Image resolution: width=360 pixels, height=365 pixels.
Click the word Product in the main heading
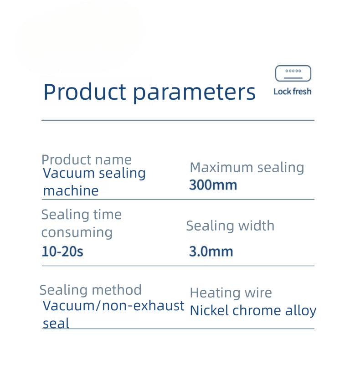[84, 92]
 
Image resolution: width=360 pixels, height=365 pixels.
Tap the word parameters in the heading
[194, 93]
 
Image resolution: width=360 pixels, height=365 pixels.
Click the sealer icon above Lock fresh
[293, 73]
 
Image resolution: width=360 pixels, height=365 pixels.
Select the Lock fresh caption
[293, 92]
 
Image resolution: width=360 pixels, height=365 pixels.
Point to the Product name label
[86, 159]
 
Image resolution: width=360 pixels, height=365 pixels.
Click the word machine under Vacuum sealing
[71, 191]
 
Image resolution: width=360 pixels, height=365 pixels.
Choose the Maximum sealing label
[247, 167]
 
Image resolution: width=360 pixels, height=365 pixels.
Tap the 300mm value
[213, 185]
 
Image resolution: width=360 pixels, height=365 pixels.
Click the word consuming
[77, 232]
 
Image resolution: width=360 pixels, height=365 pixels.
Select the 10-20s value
[62, 251]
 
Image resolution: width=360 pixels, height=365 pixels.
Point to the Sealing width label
[230, 226]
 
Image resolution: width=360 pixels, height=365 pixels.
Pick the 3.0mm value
[211, 251]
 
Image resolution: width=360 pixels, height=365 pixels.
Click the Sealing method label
[90, 290]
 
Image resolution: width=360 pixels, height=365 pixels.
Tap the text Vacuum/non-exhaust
[113, 306]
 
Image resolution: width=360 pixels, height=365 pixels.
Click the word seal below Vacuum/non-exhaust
[56, 324]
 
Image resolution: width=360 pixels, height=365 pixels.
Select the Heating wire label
[231, 293]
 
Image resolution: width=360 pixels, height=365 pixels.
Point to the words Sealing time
[81, 215]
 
